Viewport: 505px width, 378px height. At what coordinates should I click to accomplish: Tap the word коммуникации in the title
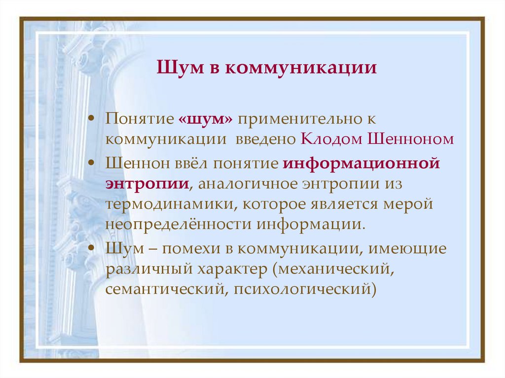(301, 67)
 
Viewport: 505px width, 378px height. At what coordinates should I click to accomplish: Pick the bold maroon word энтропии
(146, 183)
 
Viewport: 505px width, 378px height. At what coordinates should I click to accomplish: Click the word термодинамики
(161, 204)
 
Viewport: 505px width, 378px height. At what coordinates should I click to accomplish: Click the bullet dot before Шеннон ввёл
(92, 163)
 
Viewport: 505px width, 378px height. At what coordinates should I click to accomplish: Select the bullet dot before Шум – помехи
(92, 247)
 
